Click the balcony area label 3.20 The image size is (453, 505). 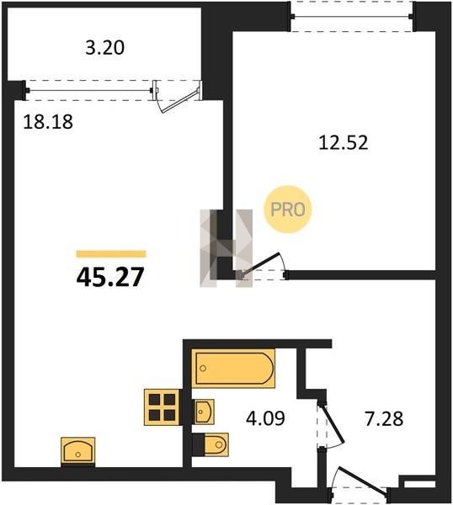[x=104, y=48]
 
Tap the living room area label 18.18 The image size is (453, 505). [x=48, y=122]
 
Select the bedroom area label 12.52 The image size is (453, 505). [x=344, y=143]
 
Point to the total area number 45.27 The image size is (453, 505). [x=109, y=277]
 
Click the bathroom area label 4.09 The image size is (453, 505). [x=265, y=419]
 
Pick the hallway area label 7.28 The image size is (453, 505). [x=384, y=419]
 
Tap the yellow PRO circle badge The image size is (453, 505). [x=288, y=210]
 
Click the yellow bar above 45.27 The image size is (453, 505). [x=111, y=254]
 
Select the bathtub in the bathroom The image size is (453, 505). [x=233, y=369]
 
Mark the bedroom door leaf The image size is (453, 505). [x=261, y=263]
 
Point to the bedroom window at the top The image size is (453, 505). [x=351, y=17]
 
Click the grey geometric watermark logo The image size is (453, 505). [x=226, y=248]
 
